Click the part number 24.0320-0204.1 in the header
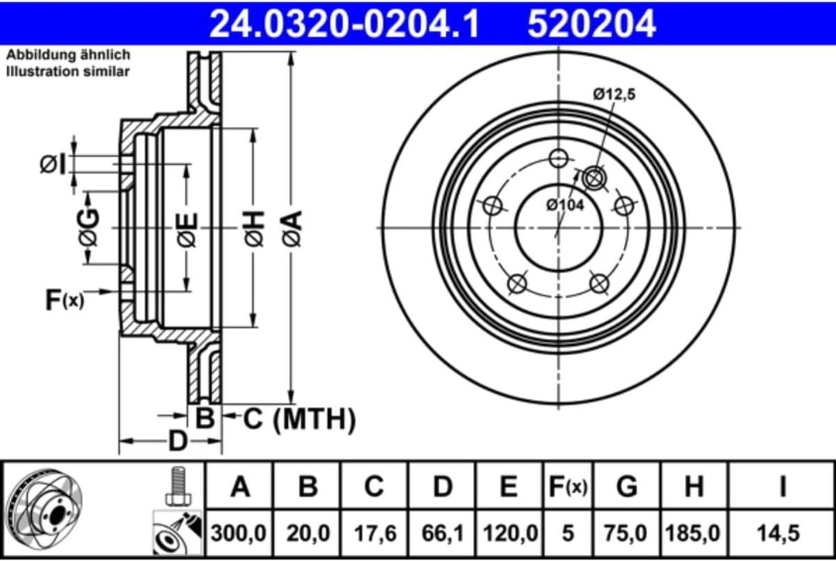(x=345, y=23)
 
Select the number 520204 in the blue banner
(x=591, y=23)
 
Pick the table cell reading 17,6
(x=375, y=533)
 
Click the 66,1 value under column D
(x=442, y=533)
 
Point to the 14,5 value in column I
(x=783, y=533)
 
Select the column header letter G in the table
(x=626, y=487)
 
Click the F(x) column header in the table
(x=567, y=487)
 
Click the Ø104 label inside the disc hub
(x=564, y=204)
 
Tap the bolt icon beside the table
(x=177, y=486)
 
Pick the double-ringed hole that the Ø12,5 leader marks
(x=594, y=178)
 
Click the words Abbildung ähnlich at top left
(x=68, y=55)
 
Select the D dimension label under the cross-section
(x=178, y=441)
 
